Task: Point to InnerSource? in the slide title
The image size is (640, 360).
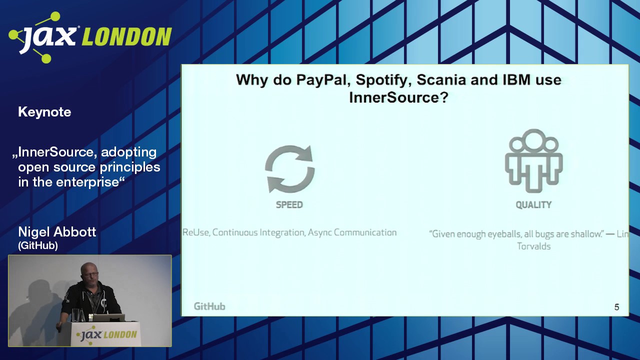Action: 398,97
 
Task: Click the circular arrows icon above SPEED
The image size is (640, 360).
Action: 289,169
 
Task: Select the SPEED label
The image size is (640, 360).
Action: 289,204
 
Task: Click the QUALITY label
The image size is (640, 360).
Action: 533,204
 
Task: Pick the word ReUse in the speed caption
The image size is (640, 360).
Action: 196,232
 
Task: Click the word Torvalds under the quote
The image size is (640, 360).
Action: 533,246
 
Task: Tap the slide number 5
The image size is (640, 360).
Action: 616,307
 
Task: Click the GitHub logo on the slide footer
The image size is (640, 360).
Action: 209,306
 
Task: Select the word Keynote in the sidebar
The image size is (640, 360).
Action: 44,112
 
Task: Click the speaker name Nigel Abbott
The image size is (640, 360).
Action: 57,232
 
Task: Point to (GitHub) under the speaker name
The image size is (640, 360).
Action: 38,245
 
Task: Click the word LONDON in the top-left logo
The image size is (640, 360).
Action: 126,37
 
